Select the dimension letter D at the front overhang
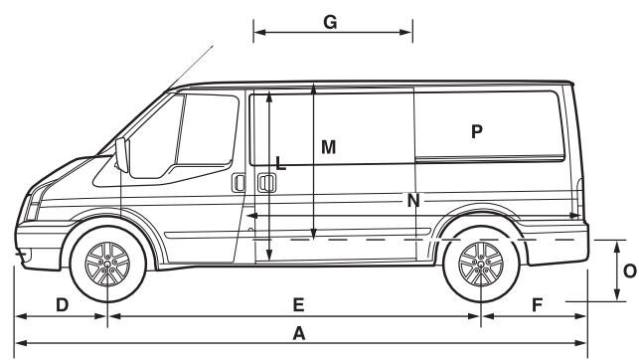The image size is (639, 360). point(61,304)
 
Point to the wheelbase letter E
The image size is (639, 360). point(297,304)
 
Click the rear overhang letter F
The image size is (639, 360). point(537,304)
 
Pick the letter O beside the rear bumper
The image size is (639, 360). point(629,270)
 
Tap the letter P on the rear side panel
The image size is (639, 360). point(477,130)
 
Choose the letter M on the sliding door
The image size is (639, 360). point(329,146)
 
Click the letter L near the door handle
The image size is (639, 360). point(281,164)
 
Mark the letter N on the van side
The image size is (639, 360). point(413,202)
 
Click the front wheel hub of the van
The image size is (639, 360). point(106,264)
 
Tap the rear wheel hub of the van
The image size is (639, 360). point(480,264)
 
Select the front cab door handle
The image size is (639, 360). point(239,183)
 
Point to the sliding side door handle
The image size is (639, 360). point(265,183)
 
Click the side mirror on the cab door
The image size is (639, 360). point(123,156)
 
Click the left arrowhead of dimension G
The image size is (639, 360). point(256,34)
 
